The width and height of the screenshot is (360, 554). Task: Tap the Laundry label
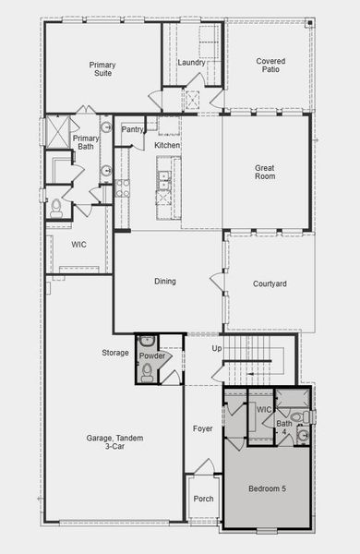coord(191,63)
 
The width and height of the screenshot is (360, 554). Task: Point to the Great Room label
coord(266,173)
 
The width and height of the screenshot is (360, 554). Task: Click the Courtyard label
coord(270,284)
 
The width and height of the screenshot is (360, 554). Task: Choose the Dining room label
coord(165,282)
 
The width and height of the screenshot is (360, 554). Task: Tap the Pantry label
coord(132,129)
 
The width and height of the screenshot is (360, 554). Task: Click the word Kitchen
coord(167,146)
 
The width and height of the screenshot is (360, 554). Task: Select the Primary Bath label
coord(85,142)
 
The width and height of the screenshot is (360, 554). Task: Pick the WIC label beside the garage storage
coord(78,245)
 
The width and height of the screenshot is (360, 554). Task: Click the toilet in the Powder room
coord(147,372)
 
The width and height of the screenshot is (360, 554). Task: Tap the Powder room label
coord(151,355)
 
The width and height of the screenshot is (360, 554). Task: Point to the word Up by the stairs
coord(217,349)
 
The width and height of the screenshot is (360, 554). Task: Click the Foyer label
coord(202,428)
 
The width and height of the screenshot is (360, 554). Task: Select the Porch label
coord(203,500)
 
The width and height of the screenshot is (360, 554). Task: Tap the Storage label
coord(115,353)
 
